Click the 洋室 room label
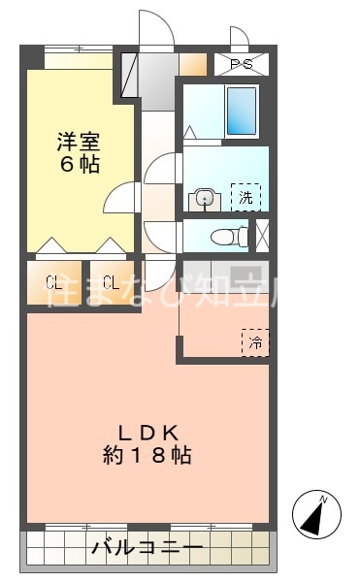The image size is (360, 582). point(76,141)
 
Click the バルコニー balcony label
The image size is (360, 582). point(147,549)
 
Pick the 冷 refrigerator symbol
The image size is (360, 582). point(255,342)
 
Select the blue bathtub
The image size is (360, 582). point(241,112)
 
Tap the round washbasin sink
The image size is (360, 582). point(204,198)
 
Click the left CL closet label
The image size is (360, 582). point(54,283)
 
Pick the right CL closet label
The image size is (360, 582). point(111,283)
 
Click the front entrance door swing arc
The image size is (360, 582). point(155,27)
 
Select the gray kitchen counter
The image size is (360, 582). point(225,271)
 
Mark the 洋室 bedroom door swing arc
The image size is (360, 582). point(118,198)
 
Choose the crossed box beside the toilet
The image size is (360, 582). point(261,235)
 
